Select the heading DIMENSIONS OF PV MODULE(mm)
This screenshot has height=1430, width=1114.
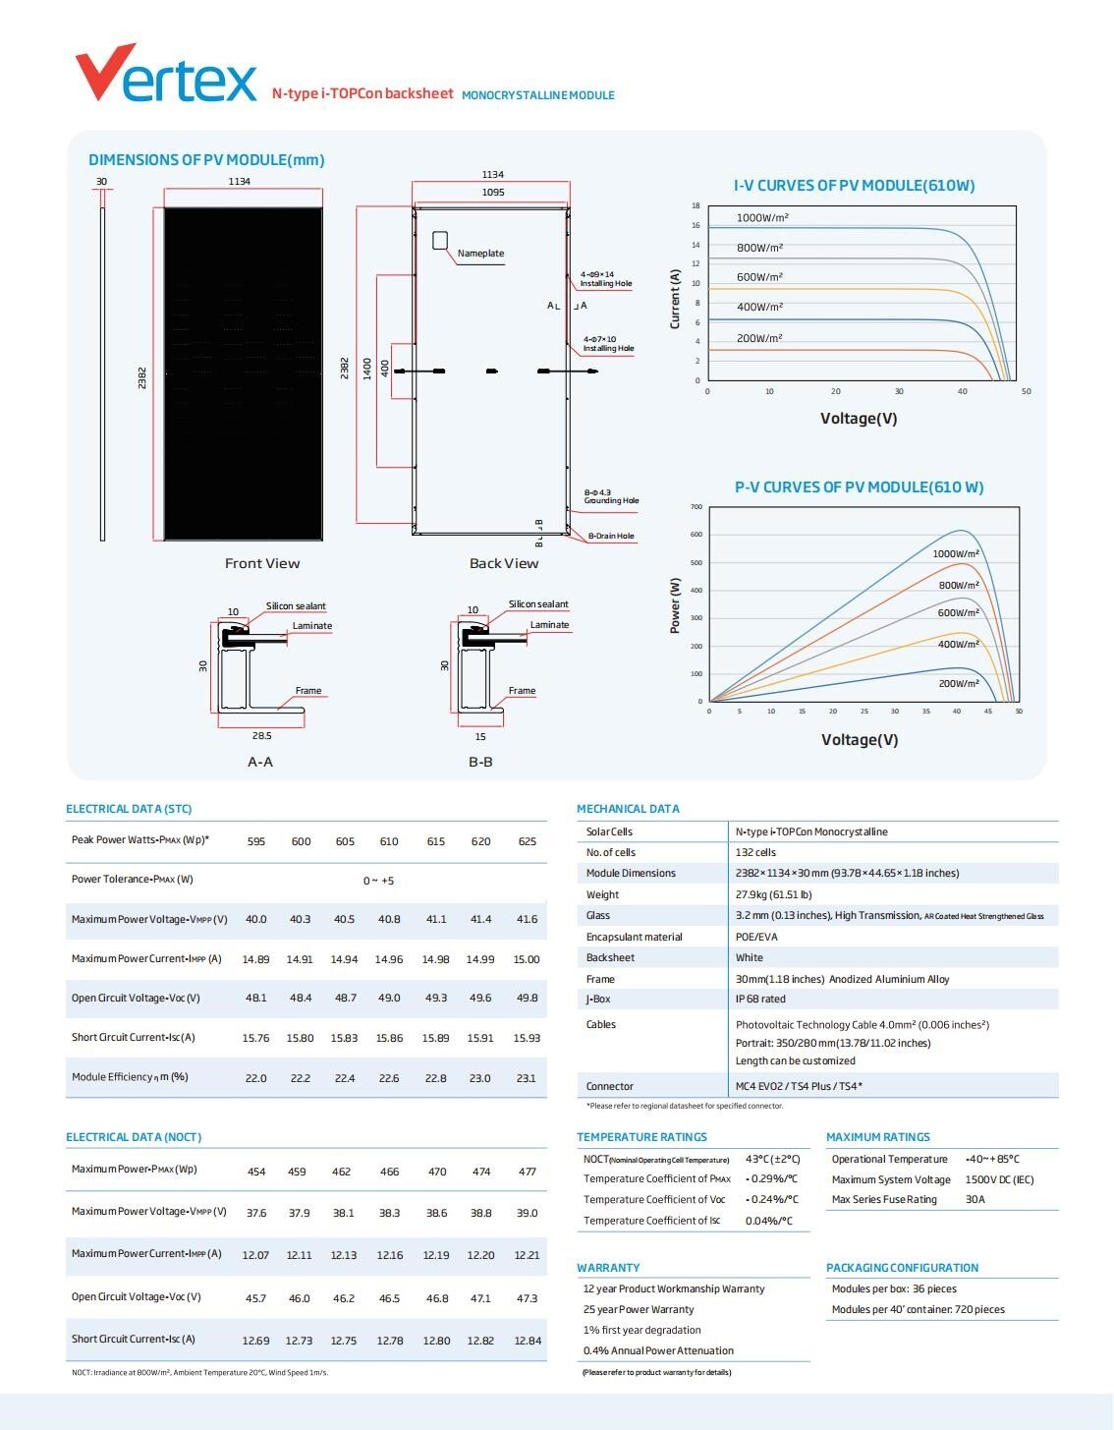[206, 160]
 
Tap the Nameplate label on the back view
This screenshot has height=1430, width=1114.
[480, 254]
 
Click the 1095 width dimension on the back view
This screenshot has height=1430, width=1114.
[493, 193]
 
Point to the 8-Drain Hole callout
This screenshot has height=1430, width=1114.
[611, 537]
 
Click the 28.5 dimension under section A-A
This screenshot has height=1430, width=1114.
[261, 735]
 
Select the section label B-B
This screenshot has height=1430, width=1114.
[480, 762]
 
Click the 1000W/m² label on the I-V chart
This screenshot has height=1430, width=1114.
[762, 217]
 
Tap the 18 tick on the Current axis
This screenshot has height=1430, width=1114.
[696, 206]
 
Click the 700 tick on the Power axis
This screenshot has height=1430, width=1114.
[696, 507]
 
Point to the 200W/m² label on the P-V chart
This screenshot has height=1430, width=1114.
[959, 683]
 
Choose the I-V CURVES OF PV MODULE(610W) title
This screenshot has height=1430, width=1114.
[854, 186]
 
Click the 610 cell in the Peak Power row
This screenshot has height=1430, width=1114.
[389, 841]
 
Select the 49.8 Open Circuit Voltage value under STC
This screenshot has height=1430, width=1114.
[527, 999]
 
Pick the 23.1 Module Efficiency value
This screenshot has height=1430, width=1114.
[527, 1078]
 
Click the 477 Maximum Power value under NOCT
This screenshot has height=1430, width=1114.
[528, 1172]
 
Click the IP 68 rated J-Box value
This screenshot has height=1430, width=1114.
[760, 999]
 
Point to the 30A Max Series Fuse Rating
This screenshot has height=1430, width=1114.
[975, 1199]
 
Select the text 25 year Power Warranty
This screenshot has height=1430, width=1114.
[639, 1309]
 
